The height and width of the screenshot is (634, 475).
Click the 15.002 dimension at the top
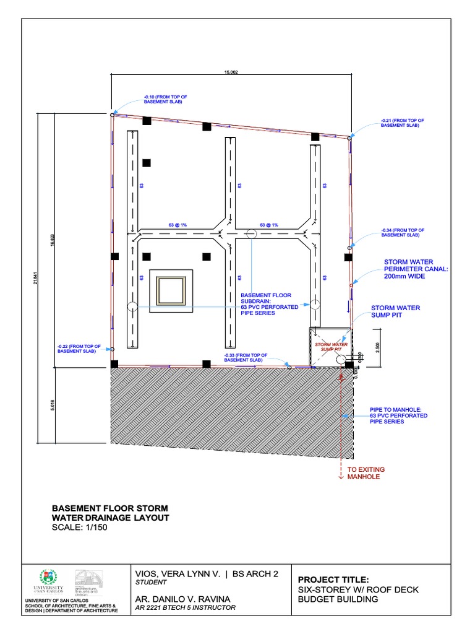(x=231, y=72)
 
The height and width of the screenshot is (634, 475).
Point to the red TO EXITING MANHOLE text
(x=364, y=474)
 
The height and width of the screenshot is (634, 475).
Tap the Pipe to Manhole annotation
(x=395, y=415)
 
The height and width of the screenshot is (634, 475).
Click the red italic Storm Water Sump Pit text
(x=332, y=346)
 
